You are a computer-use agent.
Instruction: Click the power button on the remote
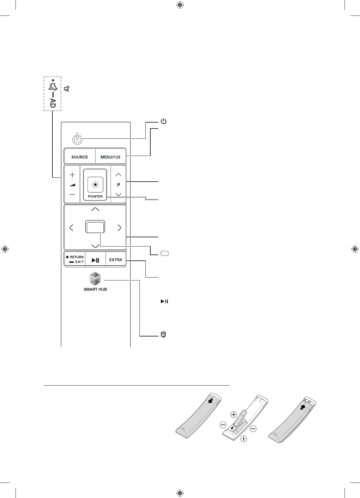(x=77, y=139)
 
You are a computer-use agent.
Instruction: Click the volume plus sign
(x=72, y=174)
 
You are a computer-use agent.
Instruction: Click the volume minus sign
(x=72, y=194)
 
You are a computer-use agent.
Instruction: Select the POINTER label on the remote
(x=95, y=196)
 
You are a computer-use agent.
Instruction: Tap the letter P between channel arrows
(x=119, y=185)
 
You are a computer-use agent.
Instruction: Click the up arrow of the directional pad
(x=95, y=209)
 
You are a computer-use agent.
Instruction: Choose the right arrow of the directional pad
(x=119, y=227)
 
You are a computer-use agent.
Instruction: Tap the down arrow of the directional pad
(x=95, y=246)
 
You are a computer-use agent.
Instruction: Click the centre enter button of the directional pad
(x=95, y=227)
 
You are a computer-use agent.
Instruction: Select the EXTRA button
(x=116, y=260)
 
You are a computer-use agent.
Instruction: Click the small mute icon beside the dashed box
(x=67, y=89)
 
